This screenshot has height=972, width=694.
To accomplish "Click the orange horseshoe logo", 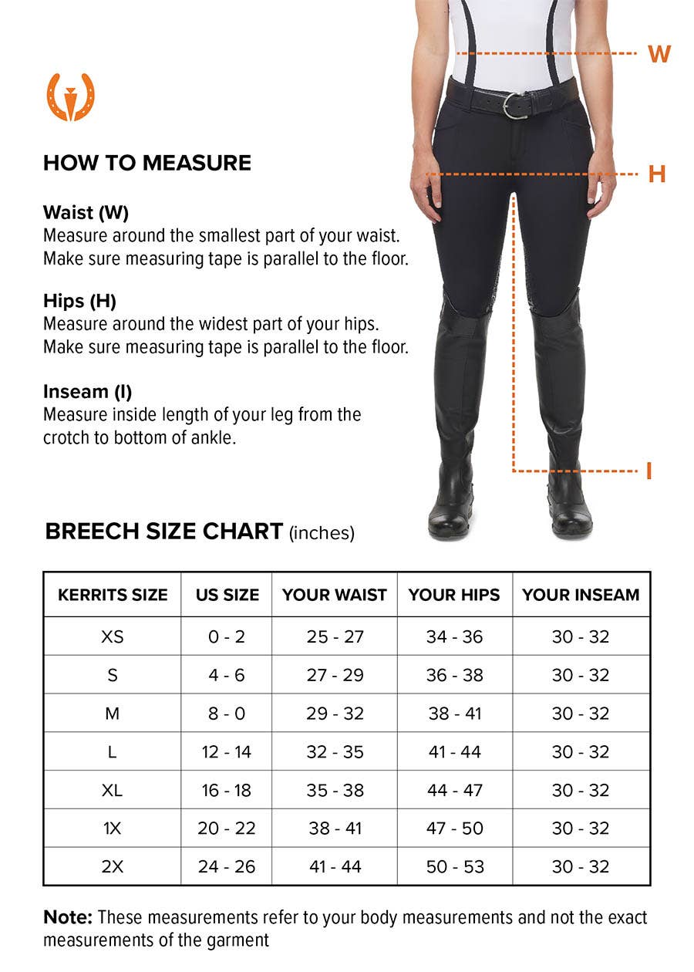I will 70,97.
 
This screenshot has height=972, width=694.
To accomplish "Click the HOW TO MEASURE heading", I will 147,163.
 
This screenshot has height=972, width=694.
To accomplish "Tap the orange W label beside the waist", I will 659,54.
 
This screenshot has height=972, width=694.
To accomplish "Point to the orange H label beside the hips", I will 656,174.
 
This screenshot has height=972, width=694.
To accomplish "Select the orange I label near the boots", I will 649,471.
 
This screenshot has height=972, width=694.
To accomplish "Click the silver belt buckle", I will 515,105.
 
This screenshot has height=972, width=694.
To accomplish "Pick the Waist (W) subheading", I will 86,212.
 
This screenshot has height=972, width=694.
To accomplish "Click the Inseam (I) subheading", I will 87,392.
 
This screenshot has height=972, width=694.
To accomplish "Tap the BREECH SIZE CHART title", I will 164,532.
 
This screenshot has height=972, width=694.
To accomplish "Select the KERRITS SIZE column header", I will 113,595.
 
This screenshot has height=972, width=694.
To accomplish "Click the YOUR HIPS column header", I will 454,595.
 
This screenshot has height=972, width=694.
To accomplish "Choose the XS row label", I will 113,637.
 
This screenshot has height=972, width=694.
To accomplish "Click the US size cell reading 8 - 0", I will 227,714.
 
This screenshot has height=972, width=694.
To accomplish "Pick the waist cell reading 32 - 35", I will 335,752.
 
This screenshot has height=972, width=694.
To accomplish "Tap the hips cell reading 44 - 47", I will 455,790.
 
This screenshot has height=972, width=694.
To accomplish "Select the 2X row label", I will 113,866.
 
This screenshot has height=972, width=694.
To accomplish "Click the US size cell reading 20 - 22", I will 227,829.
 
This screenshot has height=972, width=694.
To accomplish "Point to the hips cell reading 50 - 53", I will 455,866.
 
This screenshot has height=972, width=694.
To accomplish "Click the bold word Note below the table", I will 67,917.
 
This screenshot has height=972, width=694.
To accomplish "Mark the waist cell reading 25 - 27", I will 335,637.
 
